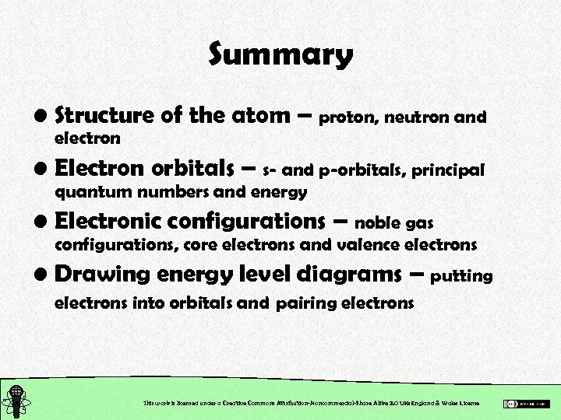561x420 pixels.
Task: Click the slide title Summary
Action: coord(280,55)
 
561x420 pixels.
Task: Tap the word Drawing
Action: coord(102,275)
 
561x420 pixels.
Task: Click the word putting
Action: coord(461,275)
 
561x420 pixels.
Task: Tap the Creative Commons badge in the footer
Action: coord(527,404)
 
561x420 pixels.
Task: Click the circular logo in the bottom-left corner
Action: coord(16,401)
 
